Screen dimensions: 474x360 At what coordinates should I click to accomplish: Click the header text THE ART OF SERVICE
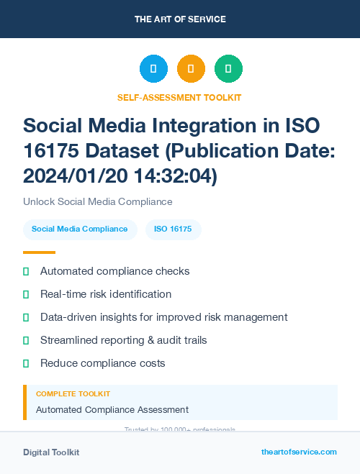click(180, 19)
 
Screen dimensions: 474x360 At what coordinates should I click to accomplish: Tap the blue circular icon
click(153, 69)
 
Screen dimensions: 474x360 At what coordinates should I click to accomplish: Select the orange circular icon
click(191, 69)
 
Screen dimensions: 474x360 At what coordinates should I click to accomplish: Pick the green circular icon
click(228, 69)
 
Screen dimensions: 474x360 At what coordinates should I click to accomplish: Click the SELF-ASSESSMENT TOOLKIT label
click(180, 98)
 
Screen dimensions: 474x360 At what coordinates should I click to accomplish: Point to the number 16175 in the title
click(53, 150)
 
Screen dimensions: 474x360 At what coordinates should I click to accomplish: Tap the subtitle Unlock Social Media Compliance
click(98, 201)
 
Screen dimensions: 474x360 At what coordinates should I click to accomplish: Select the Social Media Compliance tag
click(80, 229)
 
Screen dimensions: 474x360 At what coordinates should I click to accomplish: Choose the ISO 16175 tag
click(173, 229)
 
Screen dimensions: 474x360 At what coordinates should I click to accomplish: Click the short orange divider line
click(39, 252)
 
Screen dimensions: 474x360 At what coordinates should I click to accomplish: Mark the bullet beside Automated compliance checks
click(26, 271)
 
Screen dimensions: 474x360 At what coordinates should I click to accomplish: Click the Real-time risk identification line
click(106, 294)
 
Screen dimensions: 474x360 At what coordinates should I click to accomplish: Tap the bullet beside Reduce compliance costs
click(26, 363)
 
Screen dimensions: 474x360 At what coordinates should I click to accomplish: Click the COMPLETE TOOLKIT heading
click(73, 394)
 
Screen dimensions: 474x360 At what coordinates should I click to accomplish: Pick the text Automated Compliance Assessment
click(112, 410)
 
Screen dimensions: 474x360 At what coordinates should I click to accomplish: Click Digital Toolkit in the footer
click(51, 452)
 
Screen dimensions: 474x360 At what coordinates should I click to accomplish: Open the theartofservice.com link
click(299, 452)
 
